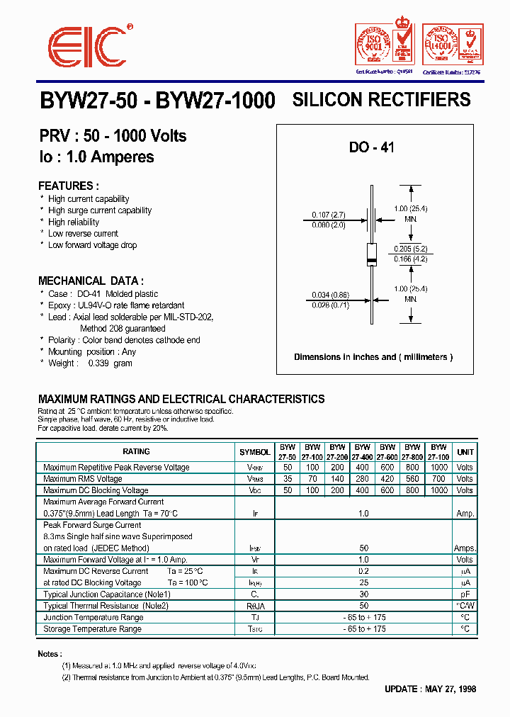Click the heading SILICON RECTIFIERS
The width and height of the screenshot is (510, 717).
coord(381,100)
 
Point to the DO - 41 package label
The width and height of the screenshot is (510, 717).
coord(371,148)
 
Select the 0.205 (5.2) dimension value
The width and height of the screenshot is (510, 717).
coord(410,249)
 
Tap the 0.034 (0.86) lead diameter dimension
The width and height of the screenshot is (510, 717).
coord(329,294)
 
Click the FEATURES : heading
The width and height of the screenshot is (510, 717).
coord(68,186)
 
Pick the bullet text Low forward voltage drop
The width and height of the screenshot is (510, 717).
coord(92,245)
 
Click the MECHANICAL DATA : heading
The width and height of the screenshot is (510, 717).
coord(91,281)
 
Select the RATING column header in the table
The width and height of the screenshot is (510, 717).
coord(136,452)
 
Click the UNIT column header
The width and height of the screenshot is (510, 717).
coord(465,452)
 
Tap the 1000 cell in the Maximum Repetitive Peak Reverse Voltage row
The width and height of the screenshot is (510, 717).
coord(438,468)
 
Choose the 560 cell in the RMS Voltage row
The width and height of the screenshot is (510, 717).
coord(412,479)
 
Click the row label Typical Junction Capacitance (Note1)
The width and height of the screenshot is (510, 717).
coord(107,594)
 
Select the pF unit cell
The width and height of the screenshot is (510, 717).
coord(465,594)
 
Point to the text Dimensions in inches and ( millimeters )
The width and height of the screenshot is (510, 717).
coord(373,357)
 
